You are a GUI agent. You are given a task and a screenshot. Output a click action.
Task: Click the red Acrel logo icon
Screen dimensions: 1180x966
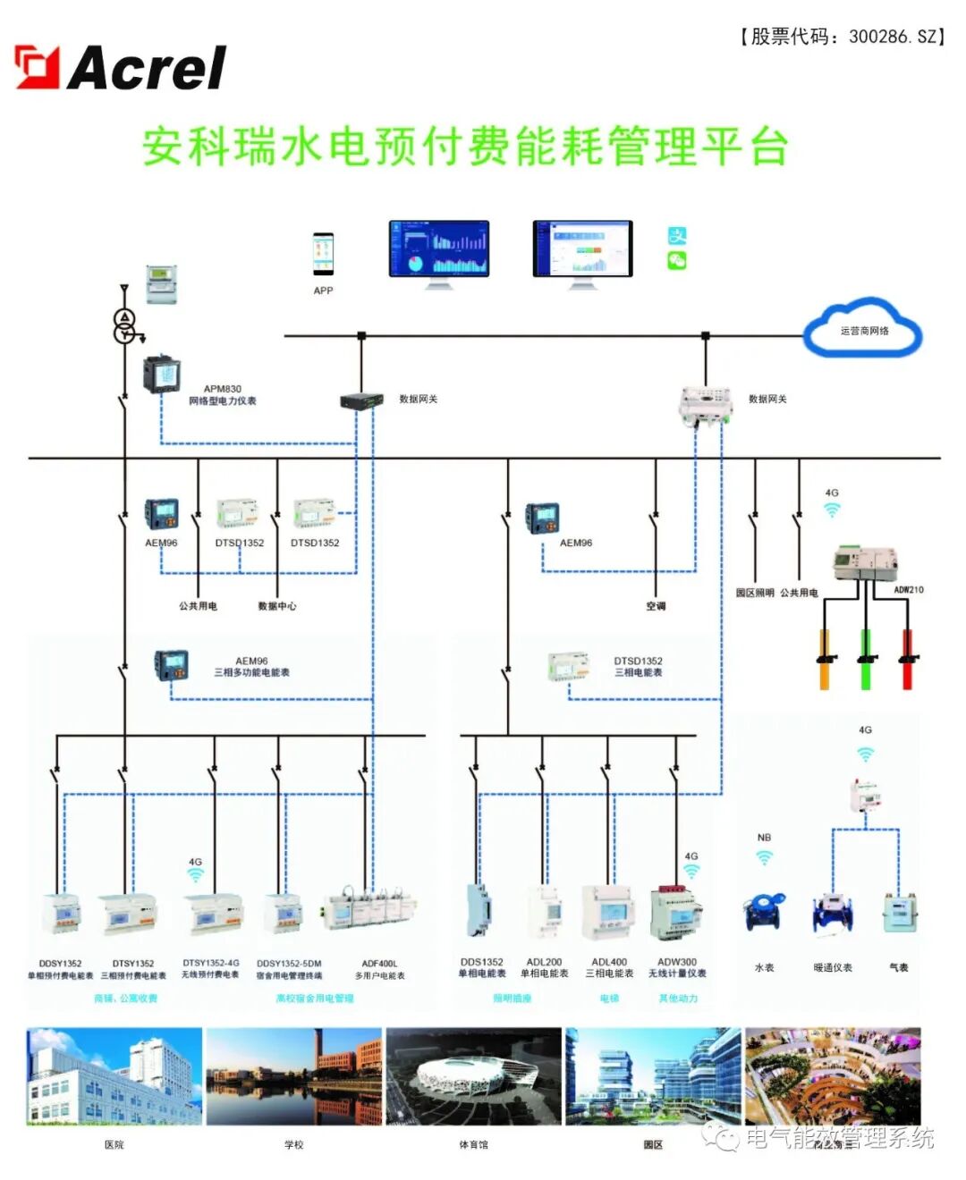coord(37,68)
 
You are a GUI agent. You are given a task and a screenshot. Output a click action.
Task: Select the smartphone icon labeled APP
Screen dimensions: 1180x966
coord(323,254)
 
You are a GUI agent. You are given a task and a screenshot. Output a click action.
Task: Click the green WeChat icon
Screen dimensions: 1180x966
coord(677,261)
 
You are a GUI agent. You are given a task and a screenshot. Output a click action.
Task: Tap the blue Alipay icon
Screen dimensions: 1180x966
coord(677,236)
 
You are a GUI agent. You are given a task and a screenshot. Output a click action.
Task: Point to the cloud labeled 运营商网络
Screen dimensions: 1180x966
coord(863,330)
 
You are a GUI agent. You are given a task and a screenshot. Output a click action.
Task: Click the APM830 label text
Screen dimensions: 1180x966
coord(222,389)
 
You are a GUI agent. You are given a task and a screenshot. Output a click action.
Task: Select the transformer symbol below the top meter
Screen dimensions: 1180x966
coord(125,326)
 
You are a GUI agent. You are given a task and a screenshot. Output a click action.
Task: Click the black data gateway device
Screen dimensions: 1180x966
coord(361,400)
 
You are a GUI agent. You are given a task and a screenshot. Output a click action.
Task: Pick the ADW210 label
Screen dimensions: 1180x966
coord(908,590)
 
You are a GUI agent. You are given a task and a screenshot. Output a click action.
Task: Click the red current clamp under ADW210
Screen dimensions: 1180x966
coord(907,660)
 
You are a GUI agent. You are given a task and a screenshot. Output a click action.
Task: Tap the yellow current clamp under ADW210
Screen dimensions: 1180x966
coord(825,660)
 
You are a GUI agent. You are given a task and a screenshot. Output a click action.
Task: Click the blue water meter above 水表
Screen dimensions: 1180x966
coord(764,913)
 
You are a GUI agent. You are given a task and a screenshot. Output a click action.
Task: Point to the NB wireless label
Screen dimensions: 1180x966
coord(764,838)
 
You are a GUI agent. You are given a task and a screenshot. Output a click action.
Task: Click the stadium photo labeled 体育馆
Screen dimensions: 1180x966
coord(473,1075)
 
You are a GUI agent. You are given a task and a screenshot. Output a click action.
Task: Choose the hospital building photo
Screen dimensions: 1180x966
coord(114,1075)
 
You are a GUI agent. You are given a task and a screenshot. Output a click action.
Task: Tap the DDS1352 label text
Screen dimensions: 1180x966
coord(481,963)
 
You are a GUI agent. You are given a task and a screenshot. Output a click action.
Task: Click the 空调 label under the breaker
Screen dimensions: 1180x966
coord(656,606)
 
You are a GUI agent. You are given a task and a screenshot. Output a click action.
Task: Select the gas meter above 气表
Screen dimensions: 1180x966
coord(898,913)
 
